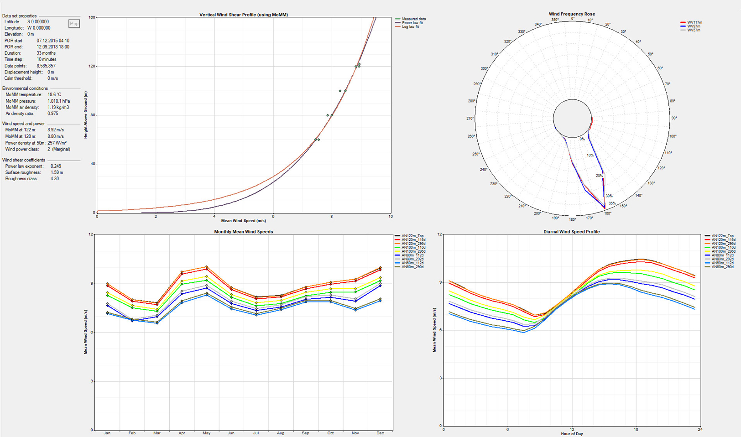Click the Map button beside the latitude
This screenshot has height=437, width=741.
tap(74, 24)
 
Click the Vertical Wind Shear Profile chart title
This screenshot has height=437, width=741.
tap(243, 15)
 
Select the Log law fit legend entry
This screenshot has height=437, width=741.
tap(410, 27)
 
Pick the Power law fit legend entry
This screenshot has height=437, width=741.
tap(412, 23)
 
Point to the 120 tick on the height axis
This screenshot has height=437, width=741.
tap(92, 66)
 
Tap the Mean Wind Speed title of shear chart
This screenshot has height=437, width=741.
tap(243, 221)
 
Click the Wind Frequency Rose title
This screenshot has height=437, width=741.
tap(572, 14)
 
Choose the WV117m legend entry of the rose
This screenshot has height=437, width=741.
tap(694, 22)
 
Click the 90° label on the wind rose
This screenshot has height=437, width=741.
tap(674, 119)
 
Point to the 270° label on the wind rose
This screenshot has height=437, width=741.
tap(470, 119)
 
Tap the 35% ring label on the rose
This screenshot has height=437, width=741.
tap(612, 203)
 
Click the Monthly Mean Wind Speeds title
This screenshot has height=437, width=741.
tap(243, 232)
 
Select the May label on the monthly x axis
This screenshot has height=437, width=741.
tap(206, 433)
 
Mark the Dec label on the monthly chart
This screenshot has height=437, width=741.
tap(380, 433)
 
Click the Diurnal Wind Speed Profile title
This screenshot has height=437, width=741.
tap(571, 232)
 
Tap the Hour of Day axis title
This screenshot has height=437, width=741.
tap(572, 434)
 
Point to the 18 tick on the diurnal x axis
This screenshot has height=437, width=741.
tap(636, 429)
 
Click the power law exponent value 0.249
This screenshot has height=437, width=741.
tap(56, 166)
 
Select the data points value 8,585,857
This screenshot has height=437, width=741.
tap(46, 66)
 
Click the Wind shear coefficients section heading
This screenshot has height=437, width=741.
tap(24, 160)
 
